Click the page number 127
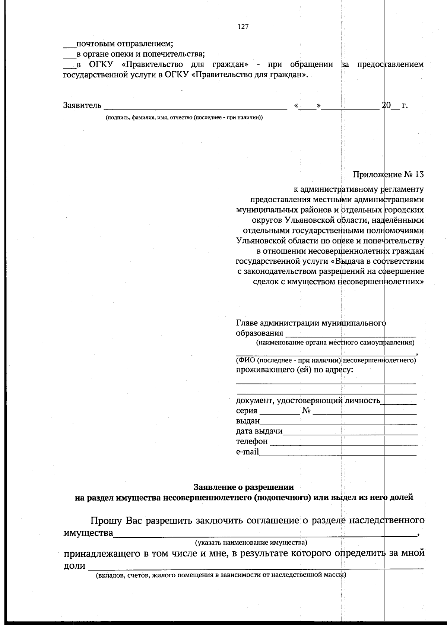pos(243,26)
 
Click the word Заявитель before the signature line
pos(82,106)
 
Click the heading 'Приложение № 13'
pos(388,175)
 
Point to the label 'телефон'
pos(251,442)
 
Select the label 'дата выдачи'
pos(259,431)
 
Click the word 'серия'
pos(246,411)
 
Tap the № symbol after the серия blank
pos(307,411)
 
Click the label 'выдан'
pos(247,421)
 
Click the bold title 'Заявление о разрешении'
pos(244,487)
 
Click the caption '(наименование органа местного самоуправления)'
pos(335,342)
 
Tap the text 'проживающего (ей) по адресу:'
pos(294,370)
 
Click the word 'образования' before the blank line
pos(259,333)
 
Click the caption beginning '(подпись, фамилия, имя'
pos(184,118)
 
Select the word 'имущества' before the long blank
pos(88,533)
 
